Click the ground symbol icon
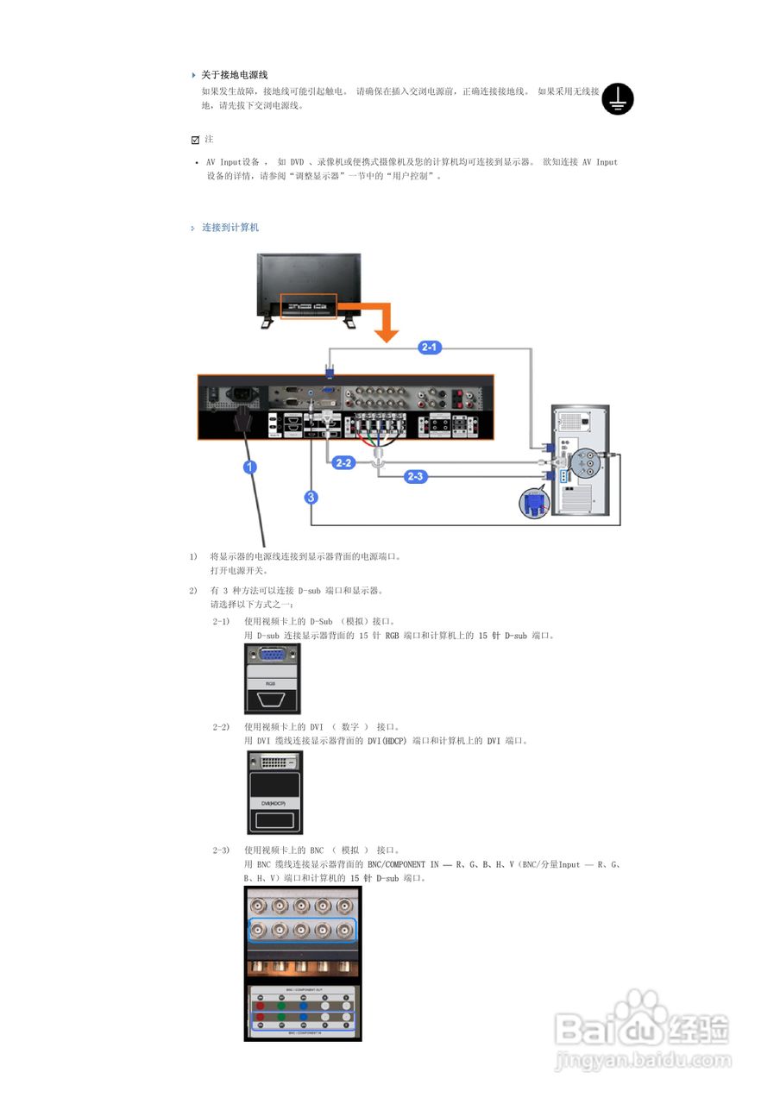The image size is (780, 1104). [618, 98]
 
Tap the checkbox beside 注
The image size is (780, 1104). [195, 140]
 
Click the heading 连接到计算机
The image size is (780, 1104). [230, 228]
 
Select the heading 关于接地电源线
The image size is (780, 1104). [235, 75]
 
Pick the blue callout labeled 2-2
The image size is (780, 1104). [343, 463]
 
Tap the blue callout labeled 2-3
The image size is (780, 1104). [415, 476]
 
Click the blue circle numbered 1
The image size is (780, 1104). [250, 468]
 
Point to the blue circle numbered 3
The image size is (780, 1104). [311, 497]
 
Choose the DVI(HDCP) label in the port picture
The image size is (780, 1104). [274, 804]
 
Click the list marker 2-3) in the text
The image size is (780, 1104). [221, 850]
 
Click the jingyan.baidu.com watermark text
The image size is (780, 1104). [643, 1058]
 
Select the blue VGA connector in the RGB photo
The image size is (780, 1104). [274, 655]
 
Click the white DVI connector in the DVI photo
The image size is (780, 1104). [274, 762]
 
